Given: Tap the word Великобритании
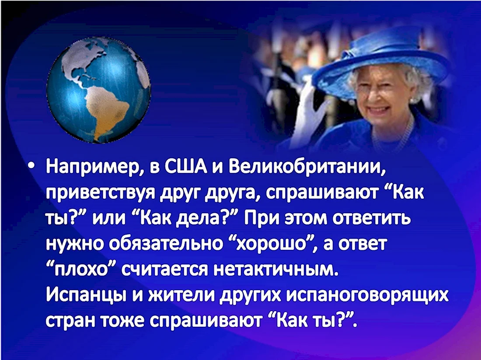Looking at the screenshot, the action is point(307,168).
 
